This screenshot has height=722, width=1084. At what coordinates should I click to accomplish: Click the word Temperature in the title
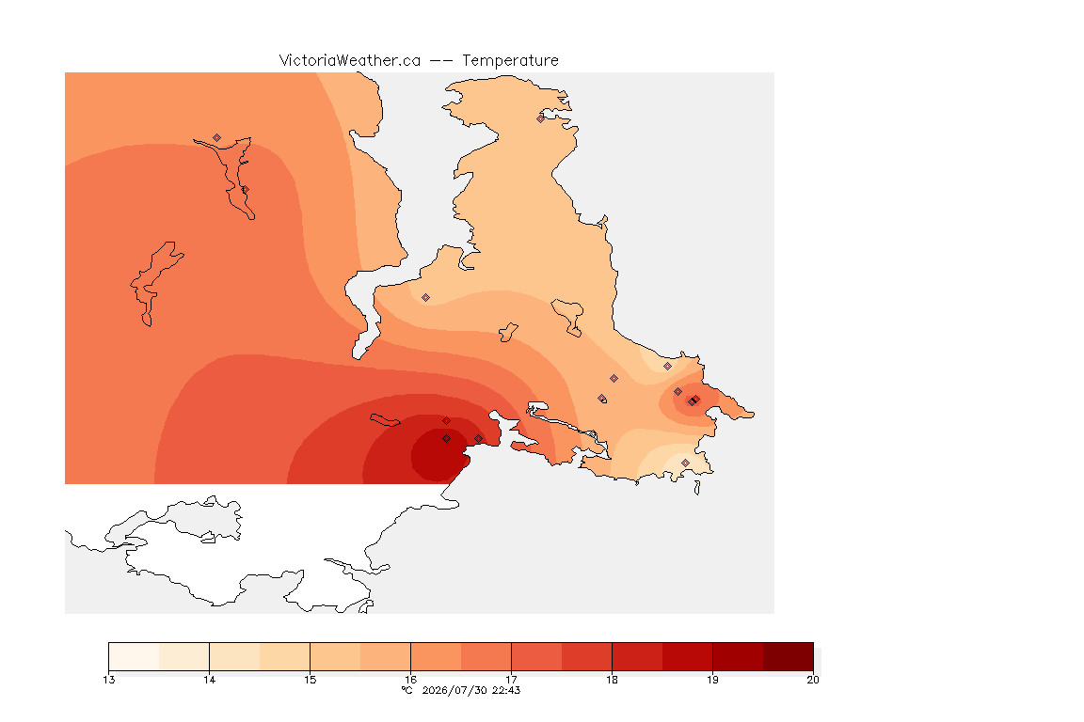[x=510, y=61]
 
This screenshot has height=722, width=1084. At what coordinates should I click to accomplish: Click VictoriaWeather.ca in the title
[x=350, y=61]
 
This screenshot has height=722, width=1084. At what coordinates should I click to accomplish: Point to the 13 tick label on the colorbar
[x=108, y=680]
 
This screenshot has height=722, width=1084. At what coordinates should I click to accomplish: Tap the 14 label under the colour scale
[x=210, y=680]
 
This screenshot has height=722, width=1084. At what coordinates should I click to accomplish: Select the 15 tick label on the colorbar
[x=310, y=680]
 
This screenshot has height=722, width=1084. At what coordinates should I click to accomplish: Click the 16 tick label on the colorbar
[x=410, y=680]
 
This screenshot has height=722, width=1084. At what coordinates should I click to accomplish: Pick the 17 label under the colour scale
[x=511, y=680]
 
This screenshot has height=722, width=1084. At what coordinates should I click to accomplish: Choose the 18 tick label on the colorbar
[x=612, y=680]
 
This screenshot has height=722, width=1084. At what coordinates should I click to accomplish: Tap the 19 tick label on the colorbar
[x=712, y=680]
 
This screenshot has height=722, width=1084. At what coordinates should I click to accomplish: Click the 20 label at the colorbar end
[x=813, y=680]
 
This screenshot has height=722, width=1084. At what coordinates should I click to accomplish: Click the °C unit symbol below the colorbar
[x=407, y=690]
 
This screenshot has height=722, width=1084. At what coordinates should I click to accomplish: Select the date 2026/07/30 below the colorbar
[x=454, y=690]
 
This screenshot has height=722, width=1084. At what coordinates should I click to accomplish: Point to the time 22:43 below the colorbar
[x=506, y=690]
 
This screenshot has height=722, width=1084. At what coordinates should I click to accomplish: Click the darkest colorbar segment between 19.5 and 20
[x=789, y=656]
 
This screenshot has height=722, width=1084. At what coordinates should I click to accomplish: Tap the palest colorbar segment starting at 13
[x=134, y=656]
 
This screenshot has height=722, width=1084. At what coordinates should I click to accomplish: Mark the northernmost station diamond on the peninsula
[x=541, y=118]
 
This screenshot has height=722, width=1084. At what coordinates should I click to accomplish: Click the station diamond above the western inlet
[x=217, y=138]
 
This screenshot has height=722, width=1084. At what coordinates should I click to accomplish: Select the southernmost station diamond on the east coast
[x=685, y=463]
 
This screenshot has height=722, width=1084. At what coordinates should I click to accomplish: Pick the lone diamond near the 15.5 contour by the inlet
[x=426, y=298]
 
